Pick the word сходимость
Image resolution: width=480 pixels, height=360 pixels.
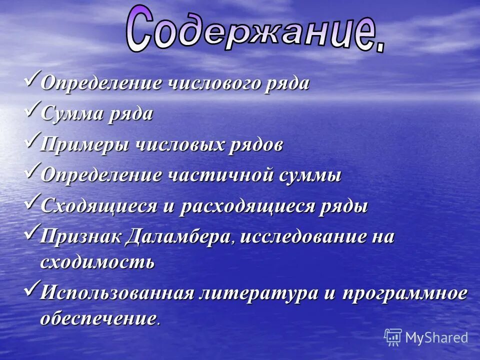(x=97, y=262)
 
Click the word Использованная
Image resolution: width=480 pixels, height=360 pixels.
(x=116, y=292)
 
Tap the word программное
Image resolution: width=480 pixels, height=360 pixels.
(x=404, y=292)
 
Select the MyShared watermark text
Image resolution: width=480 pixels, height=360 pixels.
(x=436, y=337)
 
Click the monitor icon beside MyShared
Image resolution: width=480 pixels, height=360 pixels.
(x=393, y=337)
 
